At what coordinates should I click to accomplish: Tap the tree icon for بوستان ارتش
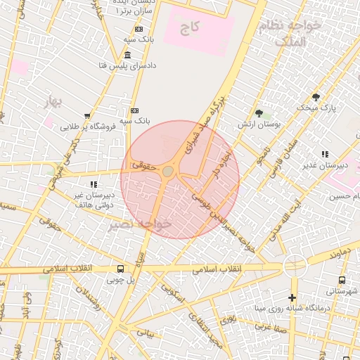click(259, 112)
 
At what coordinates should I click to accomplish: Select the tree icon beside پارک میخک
click(316, 96)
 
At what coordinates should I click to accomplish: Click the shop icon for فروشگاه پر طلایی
click(87, 117)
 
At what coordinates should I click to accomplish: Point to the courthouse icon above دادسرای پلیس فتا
click(127, 55)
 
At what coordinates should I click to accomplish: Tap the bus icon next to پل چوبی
click(120, 269)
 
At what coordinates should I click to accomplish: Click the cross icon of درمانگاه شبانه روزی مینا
click(292, 297)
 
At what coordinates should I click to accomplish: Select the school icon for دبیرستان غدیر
click(324, 154)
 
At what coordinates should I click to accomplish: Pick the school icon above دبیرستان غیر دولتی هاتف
click(94, 184)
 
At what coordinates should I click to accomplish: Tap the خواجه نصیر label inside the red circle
click(141, 224)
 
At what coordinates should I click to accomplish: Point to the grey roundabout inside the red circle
click(168, 172)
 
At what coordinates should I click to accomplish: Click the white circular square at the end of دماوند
click(295, 266)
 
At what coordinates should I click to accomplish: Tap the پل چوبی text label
click(106, 280)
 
